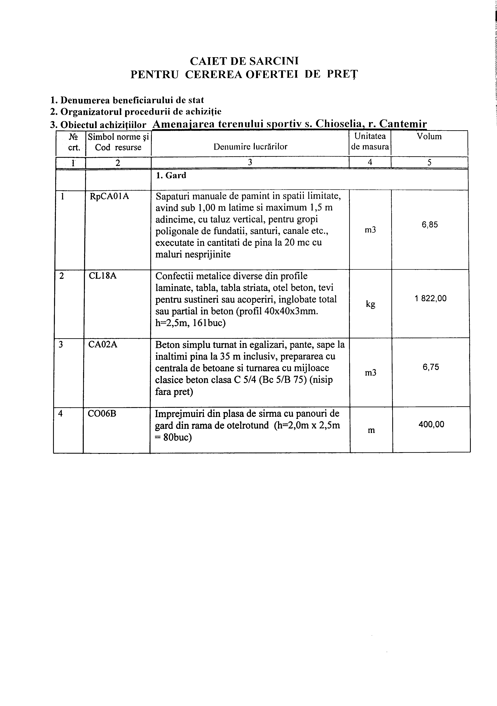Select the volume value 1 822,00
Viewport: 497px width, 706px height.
coord(430,298)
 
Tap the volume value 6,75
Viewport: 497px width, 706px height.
coord(431,367)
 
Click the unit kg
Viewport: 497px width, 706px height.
coord(370,304)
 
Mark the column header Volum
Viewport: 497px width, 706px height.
coord(429,137)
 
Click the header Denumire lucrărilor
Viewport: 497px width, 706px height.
coord(250,147)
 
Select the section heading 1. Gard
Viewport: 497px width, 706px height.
coord(171,176)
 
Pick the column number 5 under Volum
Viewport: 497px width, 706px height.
coord(429,163)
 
